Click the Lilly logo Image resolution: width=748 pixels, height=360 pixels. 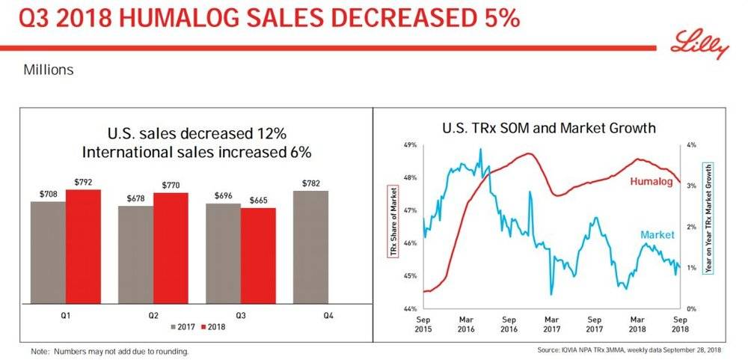coord(702,46)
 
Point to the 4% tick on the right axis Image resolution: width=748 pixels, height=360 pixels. coord(692,145)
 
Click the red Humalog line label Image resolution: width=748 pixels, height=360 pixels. coord(651,182)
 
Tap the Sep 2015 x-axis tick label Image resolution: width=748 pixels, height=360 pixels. coord(424,324)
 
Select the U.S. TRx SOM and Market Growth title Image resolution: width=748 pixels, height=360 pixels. coord(548,128)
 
